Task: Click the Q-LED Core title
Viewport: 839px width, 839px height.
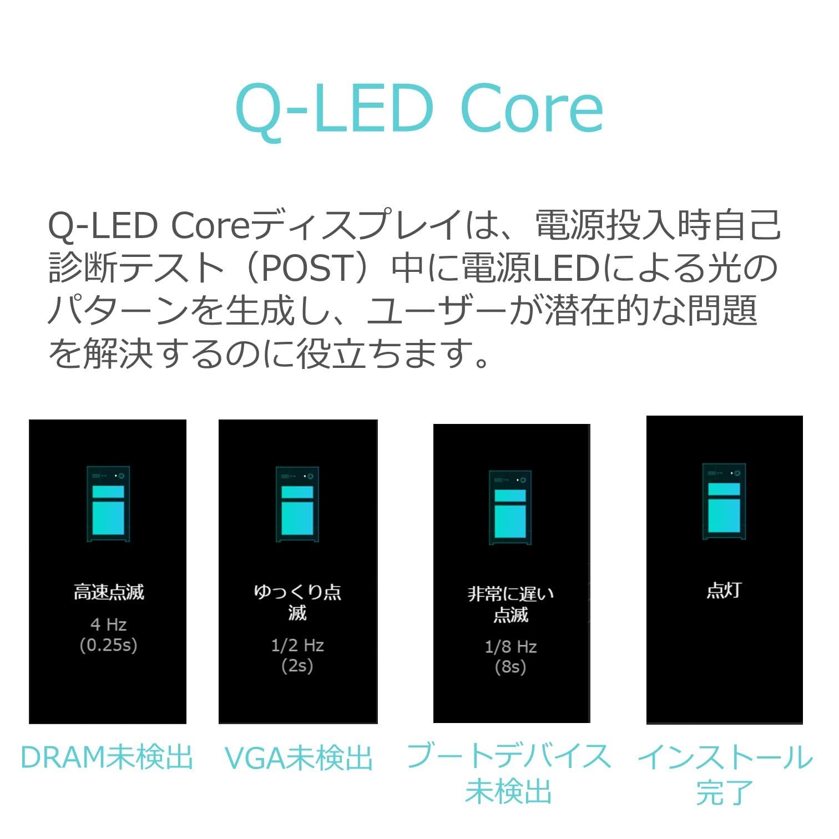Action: (419, 109)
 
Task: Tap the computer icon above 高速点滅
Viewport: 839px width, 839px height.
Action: (108, 504)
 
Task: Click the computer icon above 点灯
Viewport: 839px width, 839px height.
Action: (724, 501)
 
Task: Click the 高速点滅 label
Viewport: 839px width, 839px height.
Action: (109, 592)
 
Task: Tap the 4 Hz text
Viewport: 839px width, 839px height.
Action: (109, 625)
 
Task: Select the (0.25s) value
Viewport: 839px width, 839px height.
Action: (109, 645)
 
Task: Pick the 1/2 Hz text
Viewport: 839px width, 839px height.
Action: (297, 645)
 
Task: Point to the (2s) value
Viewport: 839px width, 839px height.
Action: (297, 666)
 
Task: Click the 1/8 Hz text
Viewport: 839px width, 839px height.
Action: (511, 647)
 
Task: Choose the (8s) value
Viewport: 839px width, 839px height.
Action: (511, 667)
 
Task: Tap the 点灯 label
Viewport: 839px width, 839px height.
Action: (724, 590)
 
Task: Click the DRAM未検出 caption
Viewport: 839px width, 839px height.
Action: (107, 757)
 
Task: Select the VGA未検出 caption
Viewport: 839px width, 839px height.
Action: (299, 758)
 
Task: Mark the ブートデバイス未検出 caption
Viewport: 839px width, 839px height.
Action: (509, 774)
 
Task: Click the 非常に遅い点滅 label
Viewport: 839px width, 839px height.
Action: (511, 604)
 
